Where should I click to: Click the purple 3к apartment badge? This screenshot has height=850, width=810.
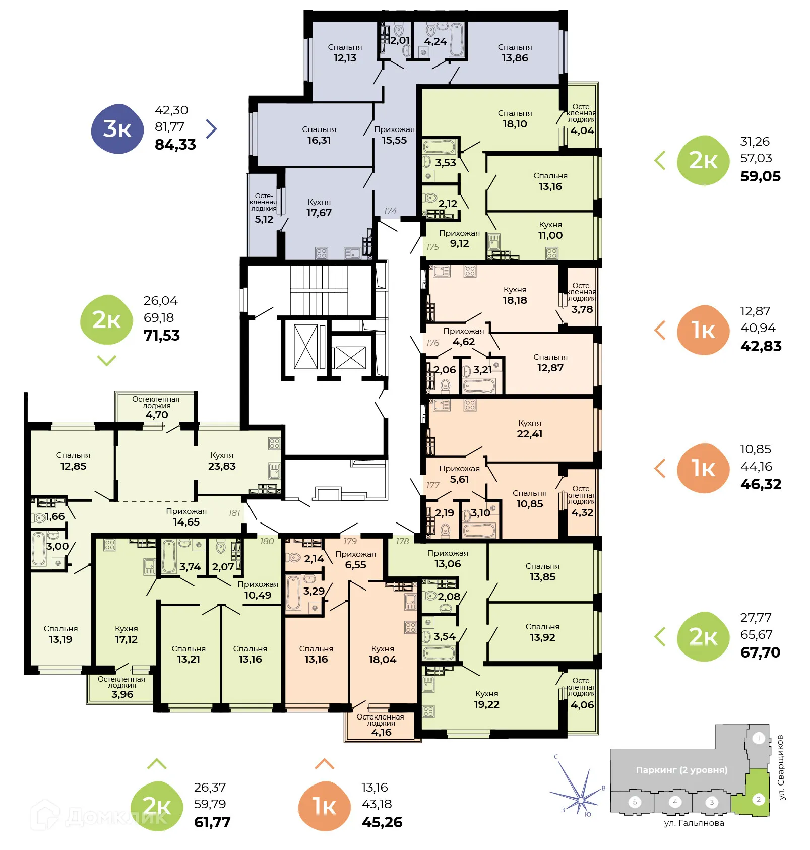[x=117, y=129]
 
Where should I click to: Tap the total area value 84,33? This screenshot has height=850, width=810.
[x=175, y=145]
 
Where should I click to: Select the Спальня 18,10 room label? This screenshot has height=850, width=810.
[x=515, y=119]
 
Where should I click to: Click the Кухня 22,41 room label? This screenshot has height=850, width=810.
[x=529, y=429]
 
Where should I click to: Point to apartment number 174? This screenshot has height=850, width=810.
[x=390, y=211]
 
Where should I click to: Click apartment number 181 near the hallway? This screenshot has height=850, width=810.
[x=234, y=513]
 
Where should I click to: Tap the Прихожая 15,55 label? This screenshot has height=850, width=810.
[x=394, y=135]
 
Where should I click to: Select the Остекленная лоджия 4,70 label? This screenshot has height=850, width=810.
[x=156, y=407]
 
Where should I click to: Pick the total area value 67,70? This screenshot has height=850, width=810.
[x=760, y=652]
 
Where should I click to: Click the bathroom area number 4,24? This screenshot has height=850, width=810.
[x=435, y=41]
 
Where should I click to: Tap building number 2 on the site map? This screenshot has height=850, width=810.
[x=758, y=799]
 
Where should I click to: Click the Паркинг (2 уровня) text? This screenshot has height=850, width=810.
[x=681, y=770]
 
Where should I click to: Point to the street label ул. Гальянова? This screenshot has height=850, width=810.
[x=694, y=823]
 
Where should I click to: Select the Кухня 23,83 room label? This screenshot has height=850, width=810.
[x=222, y=461]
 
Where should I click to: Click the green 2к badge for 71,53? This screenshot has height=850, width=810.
[x=106, y=320]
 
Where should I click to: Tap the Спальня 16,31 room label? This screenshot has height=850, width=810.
[x=319, y=135]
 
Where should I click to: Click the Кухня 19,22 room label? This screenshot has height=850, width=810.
[x=486, y=699]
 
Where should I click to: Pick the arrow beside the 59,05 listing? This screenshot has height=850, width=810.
[x=660, y=160]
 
